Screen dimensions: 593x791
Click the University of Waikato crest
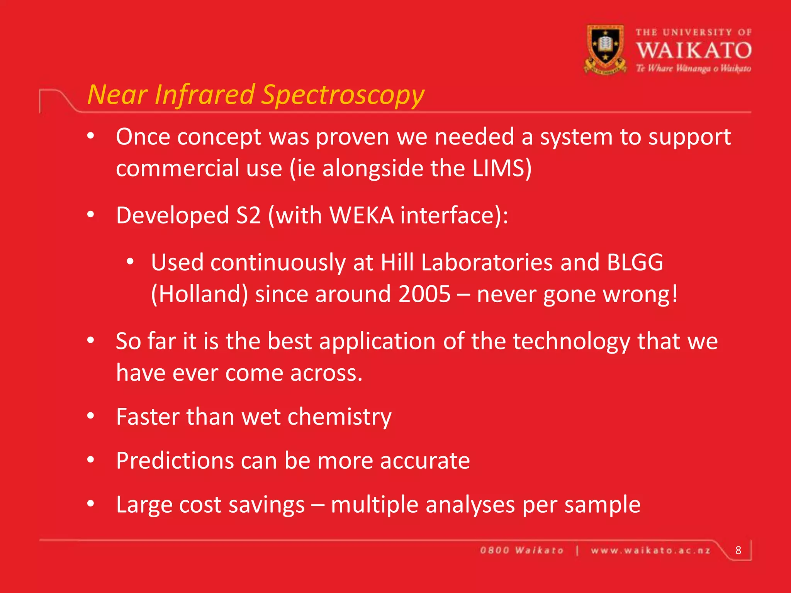pyautogui.click(x=605, y=49)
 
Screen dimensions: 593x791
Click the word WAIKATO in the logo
pyautogui.click(x=694, y=51)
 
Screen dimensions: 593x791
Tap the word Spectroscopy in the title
pyautogui.click(x=343, y=95)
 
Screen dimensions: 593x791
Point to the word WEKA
pyautogui.click(x=362, y=215)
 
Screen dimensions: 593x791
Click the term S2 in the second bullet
pyautogui.click(x=248, y=215)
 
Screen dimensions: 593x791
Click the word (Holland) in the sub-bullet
pyautogui.click(x=199, y=294)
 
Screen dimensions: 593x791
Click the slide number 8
pyautogui.click(x=738, y=550)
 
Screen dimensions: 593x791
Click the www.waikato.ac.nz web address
pyautogui.click(x=650, y=551)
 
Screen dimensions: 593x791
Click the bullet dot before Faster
pyautogui.click(x=91, y=416)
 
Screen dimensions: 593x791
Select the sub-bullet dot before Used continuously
pyautogui.click(x=130, y=262)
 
